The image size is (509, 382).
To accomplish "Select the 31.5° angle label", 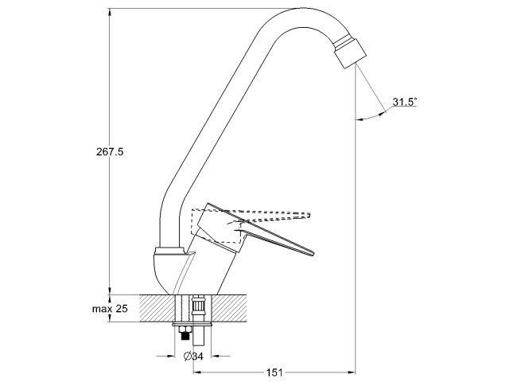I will [405, 103].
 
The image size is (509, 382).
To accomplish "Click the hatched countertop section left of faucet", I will [156, 306].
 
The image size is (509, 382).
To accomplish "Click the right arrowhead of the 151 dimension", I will [351, 371].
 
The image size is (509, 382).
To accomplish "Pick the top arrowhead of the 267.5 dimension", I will [111, 10].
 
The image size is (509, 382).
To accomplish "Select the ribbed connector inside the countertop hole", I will [198, 306].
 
